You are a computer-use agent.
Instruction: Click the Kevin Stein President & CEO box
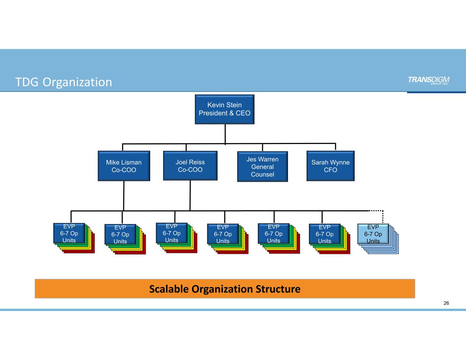click(x=225, y=109)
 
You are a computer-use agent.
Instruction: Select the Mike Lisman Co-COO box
click(x=124, y=166)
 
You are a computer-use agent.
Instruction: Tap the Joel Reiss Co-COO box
click(x=190, y=166)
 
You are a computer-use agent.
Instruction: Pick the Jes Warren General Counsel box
click(x=263, y=167)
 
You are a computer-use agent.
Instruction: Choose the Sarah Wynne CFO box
click(x=330, y=166)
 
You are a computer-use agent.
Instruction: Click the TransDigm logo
click(x=428, y=80)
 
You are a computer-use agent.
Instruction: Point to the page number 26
click(x=446, y=303)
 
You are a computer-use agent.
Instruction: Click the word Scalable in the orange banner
click(x=169, y=289)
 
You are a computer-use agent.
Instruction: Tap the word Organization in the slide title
click(x=77, y=82)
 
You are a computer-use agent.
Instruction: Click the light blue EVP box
click(x=373, y=234)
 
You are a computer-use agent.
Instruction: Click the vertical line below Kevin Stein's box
click(x=225, y=134)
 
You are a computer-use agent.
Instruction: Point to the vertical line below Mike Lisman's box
click(x=124, y=196)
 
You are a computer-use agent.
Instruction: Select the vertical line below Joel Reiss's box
click(x=190, y=195)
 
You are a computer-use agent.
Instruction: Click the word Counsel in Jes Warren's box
click(x=263, y=174)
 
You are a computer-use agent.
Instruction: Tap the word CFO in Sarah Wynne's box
click(x=330, y=170)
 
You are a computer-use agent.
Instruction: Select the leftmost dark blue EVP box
click(x=69, y=233)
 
